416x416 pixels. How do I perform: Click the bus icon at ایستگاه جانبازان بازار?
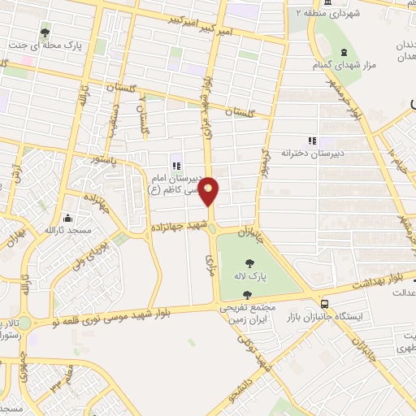(x=325, y=301)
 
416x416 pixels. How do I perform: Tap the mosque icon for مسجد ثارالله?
(x=67, y=219)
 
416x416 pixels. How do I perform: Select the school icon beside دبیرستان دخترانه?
(x=312, y=141)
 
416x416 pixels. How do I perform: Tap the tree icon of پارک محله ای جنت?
(x=45, y=33)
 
